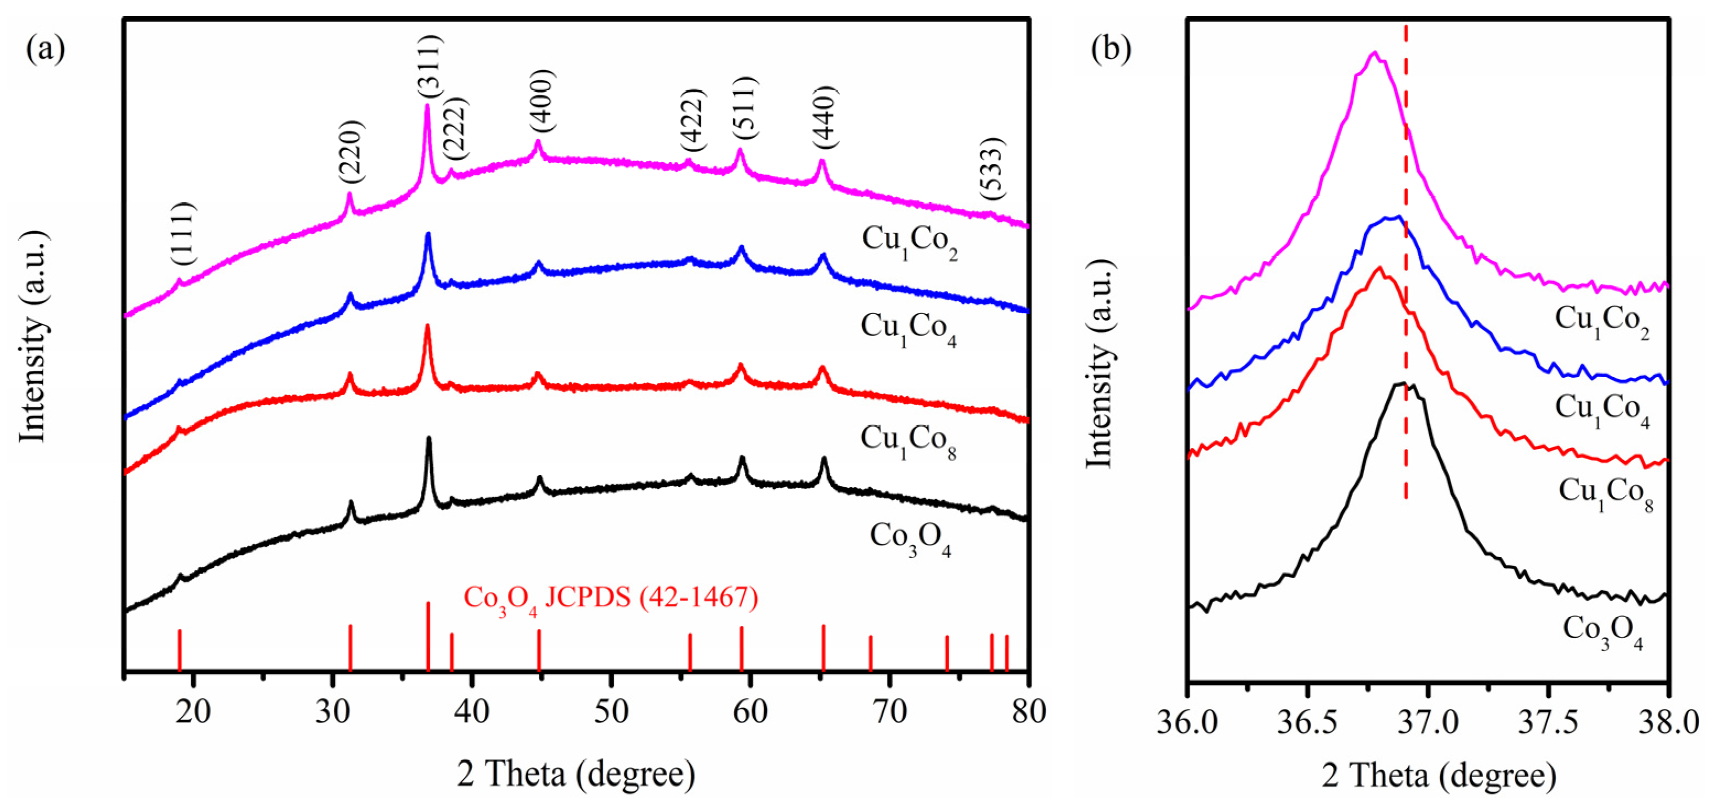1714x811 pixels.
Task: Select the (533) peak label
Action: click(991, 169)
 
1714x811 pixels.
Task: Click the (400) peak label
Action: click(541, 100)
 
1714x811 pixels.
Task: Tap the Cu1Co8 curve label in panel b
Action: click(1605, 494)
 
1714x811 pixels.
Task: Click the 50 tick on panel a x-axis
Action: click(611, 712)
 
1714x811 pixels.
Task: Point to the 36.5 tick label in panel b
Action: click(1307, 722)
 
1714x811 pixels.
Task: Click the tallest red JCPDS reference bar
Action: click(428, 635)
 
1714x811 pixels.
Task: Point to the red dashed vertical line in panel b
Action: click(1406, 266)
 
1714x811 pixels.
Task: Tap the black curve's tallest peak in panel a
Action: click(429, 439)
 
